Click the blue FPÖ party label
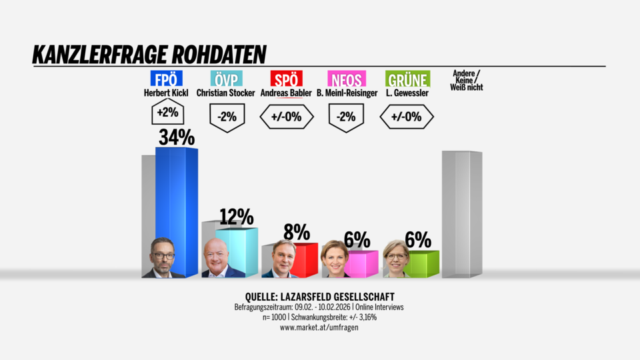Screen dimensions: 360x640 click(167, 79)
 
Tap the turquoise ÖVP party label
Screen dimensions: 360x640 click(225, 79)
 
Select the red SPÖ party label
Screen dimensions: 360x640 click(287, 79)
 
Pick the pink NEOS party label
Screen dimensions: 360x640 click(348, 79)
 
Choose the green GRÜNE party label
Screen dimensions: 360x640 click(407, 79)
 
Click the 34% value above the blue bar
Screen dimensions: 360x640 click(176, 137)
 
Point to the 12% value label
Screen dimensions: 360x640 click(236, 217)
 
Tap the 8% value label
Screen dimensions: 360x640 click(296, 232)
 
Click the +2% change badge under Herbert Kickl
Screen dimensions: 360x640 click(166, 114)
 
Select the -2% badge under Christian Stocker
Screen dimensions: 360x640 click(227, 118)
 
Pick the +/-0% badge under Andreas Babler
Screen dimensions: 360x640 click(287, 118)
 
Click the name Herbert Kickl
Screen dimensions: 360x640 click(167, 93)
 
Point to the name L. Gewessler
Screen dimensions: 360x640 click(407, 93)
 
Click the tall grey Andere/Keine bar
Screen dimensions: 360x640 click(461, 213)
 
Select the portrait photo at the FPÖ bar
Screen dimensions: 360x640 click(163, 258)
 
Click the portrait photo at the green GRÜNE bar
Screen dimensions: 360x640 click(396, 259)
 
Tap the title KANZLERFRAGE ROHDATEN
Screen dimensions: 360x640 click(149, 55)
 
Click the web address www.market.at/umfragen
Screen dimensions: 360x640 click(319, 327)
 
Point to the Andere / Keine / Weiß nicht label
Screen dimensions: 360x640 click(467, 80)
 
